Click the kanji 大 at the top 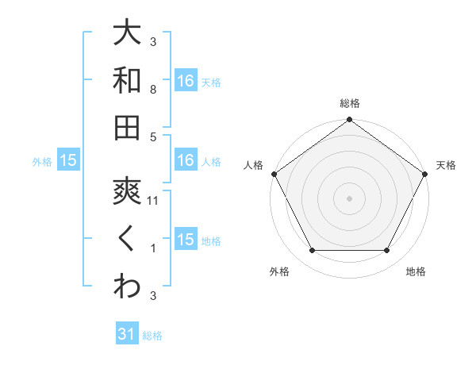127,33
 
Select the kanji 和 127,79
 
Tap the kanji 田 127,127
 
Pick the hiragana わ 127,286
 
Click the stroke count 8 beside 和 153,90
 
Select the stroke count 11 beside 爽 153,202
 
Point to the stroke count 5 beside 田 153,137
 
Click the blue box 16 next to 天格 186,81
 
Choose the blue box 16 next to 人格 186,160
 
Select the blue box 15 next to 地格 186,240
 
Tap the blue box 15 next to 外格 68,160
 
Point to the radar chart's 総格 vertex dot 350,121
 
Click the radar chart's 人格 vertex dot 274,174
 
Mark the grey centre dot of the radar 350,198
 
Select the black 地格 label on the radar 416,271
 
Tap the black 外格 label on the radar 279,271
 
